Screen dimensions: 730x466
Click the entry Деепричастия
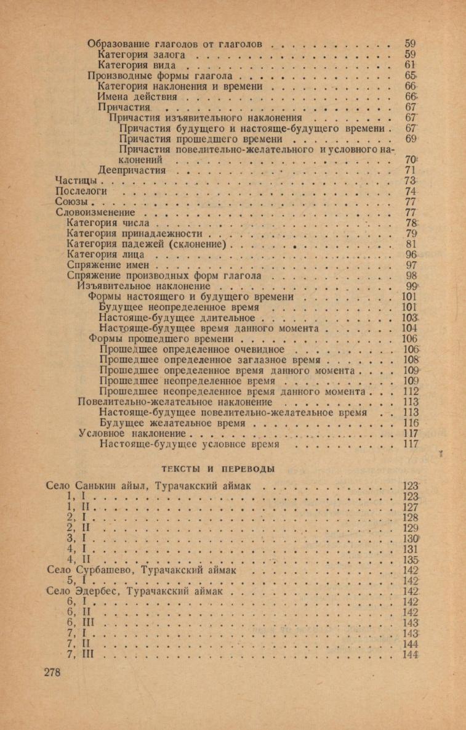coord(132,170)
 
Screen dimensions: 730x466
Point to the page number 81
coord(411,245)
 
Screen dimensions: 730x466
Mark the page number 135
coord(411,559)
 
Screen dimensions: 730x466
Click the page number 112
coord(411,391)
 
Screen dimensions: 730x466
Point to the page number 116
coord(411,423)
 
